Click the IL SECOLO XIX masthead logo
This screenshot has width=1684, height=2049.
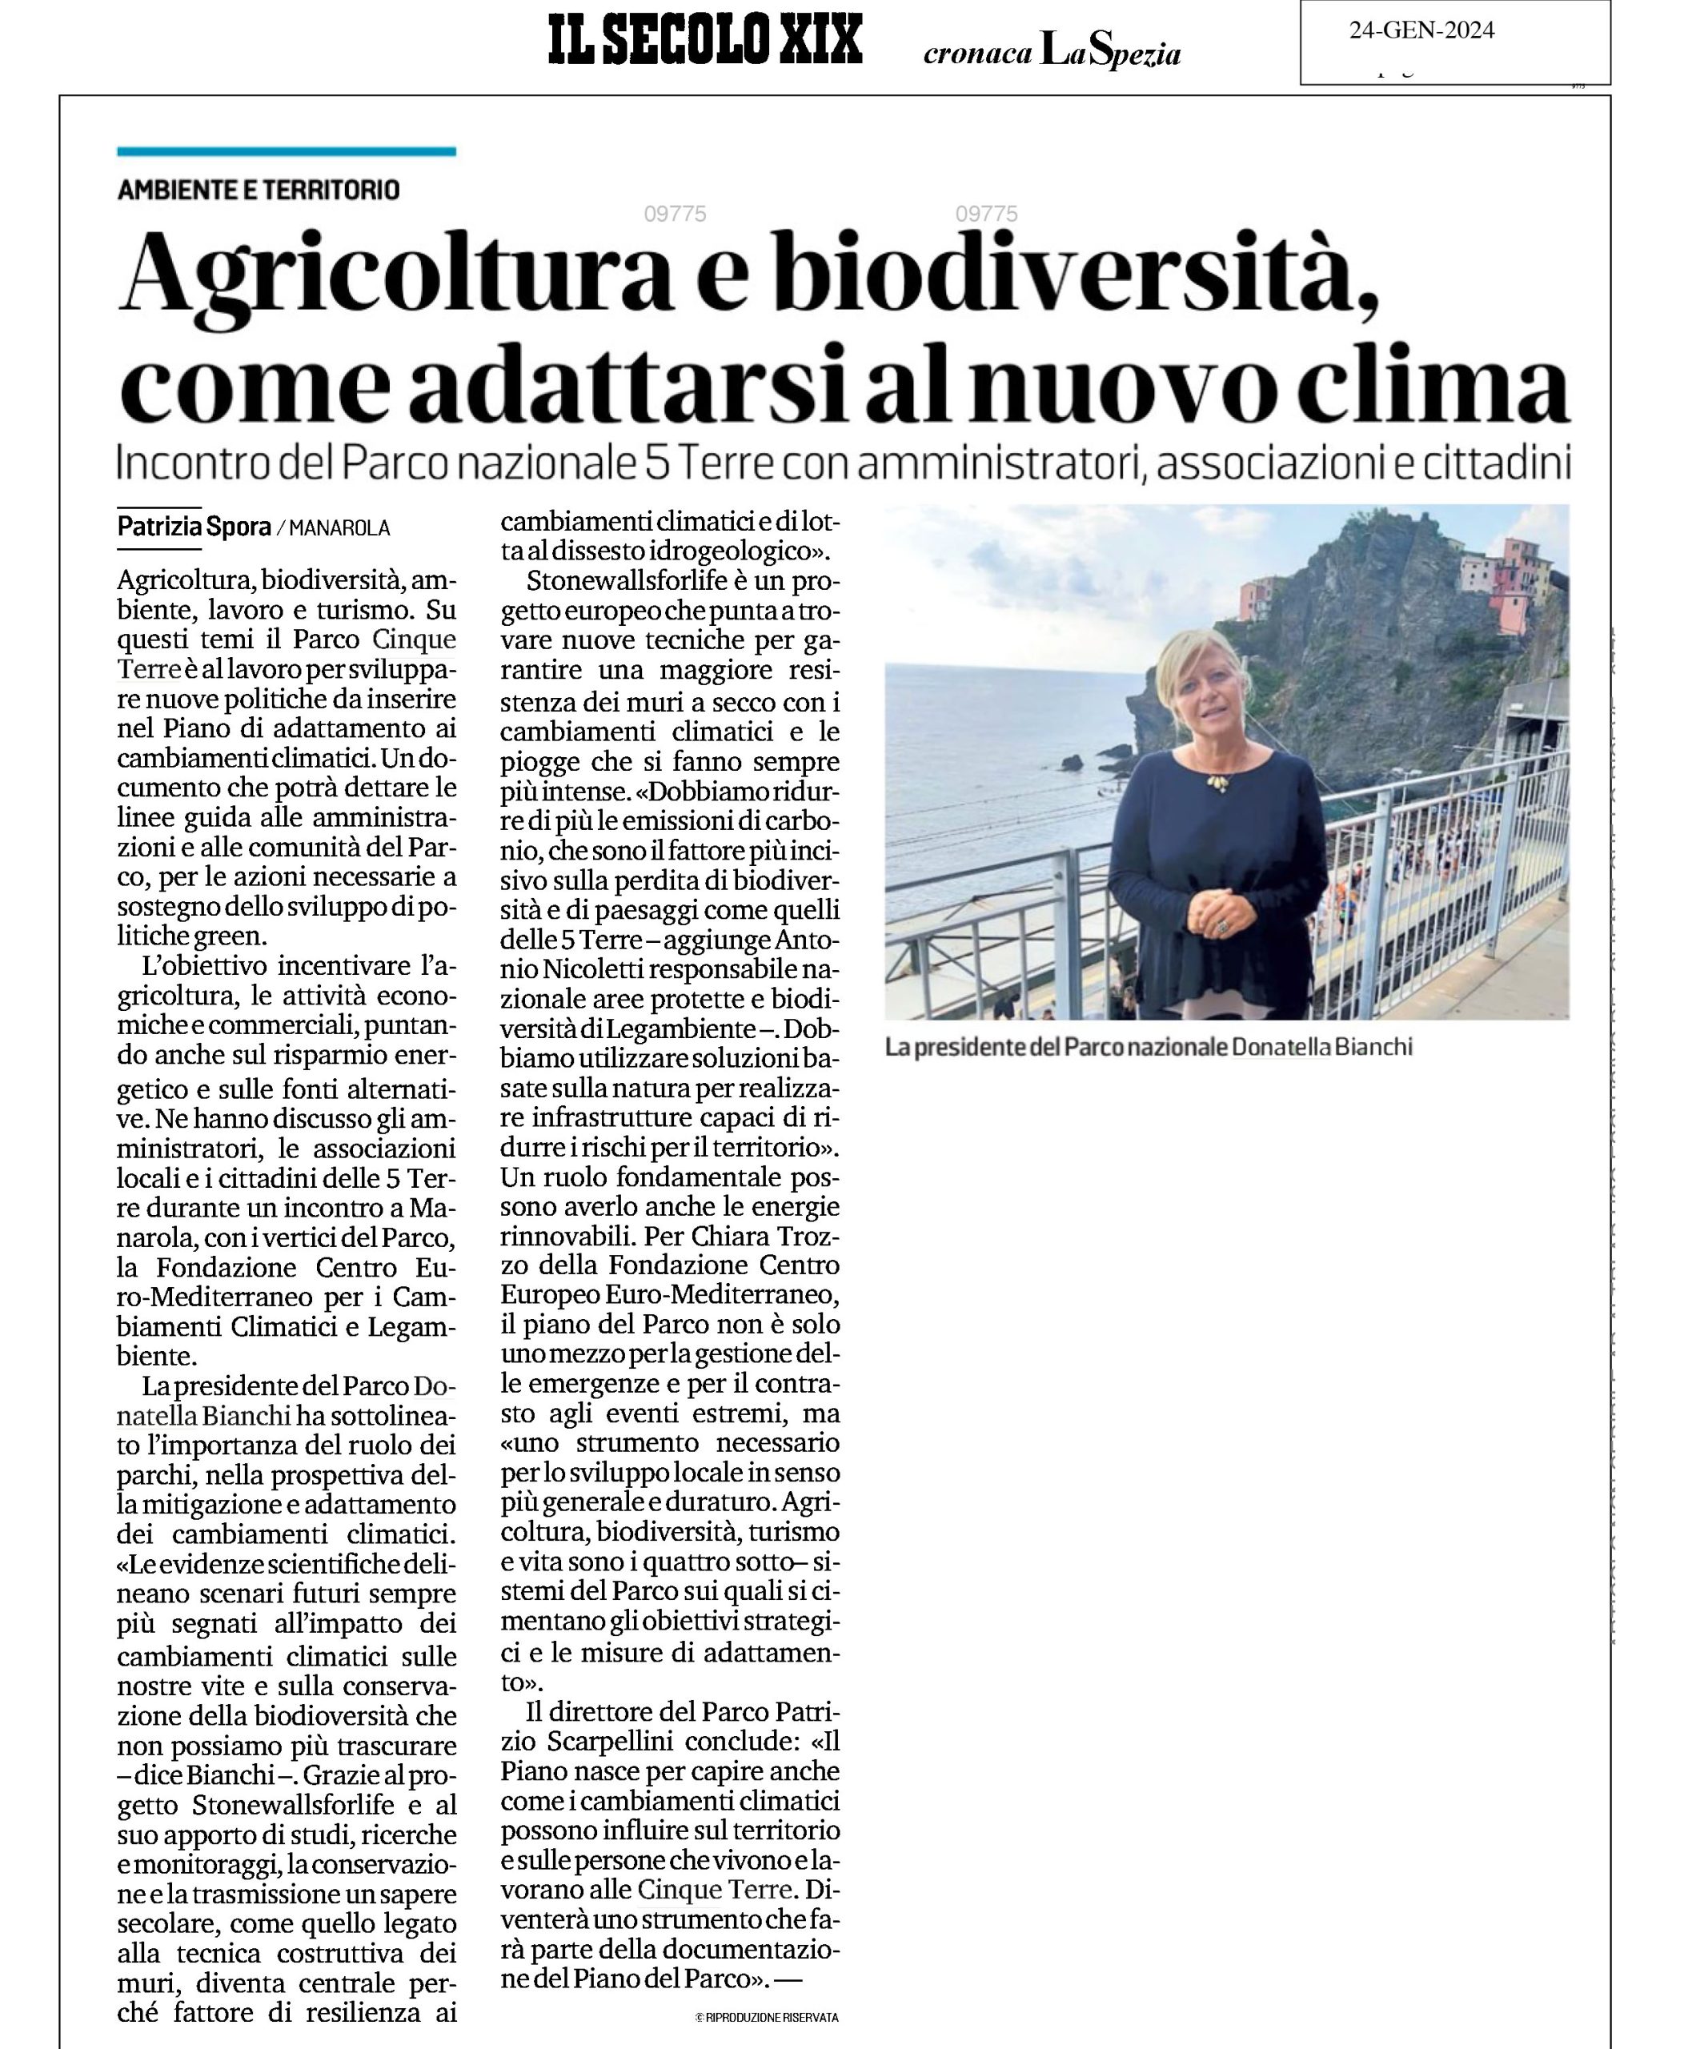(x=704, y=42)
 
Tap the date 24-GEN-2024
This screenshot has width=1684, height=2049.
(x=1421, y=31)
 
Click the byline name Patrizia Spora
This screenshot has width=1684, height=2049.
(x=194, y=527)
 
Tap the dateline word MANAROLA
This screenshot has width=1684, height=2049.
(x=339, y=529)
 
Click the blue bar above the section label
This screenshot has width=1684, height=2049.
(x=287, y=151)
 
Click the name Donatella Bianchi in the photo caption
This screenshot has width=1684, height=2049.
(x=1321, y=1048)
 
